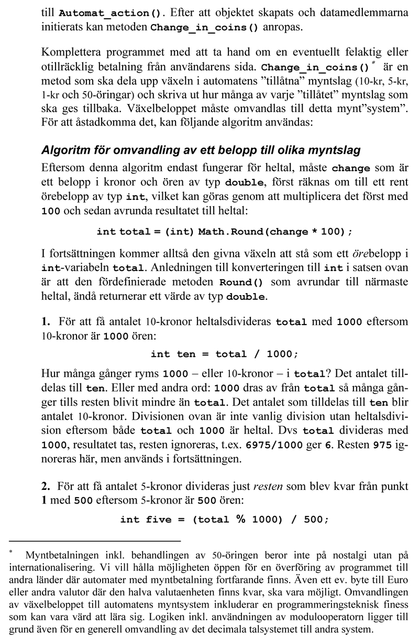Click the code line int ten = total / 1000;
pyautogui.click(x=224, y=354)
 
